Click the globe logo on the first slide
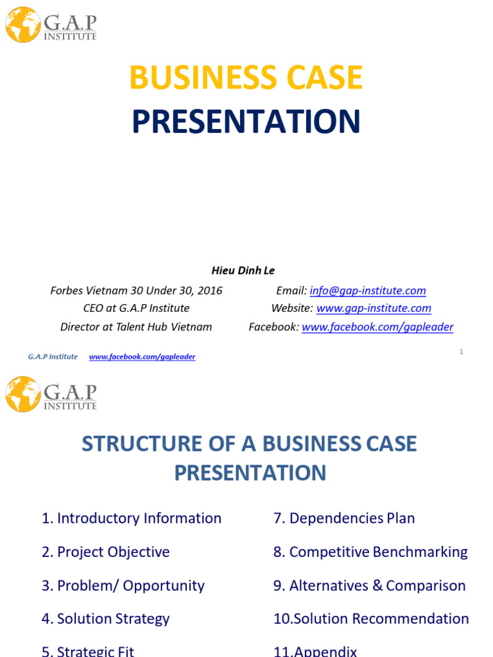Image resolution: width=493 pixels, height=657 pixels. [x=23, y=25]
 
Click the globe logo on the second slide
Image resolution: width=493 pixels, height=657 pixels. [x=23, y=394]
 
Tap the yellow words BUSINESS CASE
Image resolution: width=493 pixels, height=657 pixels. [x=246, y=78]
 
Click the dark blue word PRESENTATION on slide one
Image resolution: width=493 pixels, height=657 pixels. [x=246, y=122]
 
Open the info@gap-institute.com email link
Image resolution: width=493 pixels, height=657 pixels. [x=368, y=291]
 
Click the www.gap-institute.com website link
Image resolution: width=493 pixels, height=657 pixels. [x=374, y=309]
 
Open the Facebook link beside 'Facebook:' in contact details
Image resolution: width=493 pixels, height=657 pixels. [x=377, y=327]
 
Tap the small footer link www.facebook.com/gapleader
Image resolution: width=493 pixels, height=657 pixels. [x=142, y=357]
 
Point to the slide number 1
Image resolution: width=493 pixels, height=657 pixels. [x=461, y=352]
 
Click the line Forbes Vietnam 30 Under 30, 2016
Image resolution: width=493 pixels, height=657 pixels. [x=136, y=291]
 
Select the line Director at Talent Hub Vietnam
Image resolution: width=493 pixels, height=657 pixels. [x=136, y=327]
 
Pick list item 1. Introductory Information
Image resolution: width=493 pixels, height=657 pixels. [x=132, y=518]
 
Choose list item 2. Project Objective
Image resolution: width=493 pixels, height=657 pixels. [x=106, y=552]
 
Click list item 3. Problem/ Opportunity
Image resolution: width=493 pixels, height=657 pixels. [x=123, y=586]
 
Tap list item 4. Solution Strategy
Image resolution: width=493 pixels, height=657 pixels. [x=106, y=619]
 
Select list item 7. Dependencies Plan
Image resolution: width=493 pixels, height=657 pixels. [x=344, y=518]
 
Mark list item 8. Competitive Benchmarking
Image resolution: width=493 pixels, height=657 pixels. [x=370, y=552]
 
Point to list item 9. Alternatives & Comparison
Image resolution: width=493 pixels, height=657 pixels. [x=369, y=586]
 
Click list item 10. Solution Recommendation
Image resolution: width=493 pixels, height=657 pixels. [x=371, y=619]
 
